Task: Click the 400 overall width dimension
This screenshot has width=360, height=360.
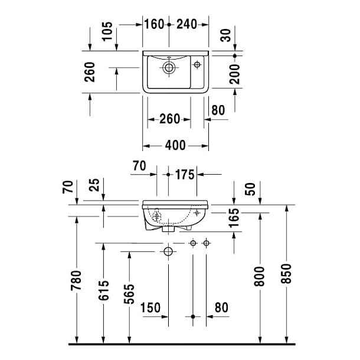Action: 175,145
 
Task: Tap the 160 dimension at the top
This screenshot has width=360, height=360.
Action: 154,24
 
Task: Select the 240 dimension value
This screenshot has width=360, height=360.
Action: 186,24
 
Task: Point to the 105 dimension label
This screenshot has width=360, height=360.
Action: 107,31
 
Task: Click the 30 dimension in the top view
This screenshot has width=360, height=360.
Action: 225,35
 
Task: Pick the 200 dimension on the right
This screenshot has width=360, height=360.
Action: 234,74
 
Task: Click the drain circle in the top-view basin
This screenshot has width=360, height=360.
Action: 169,67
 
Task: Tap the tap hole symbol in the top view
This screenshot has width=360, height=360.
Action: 197,64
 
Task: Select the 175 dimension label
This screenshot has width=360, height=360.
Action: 185,175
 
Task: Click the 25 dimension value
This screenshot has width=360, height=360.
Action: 94,185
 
